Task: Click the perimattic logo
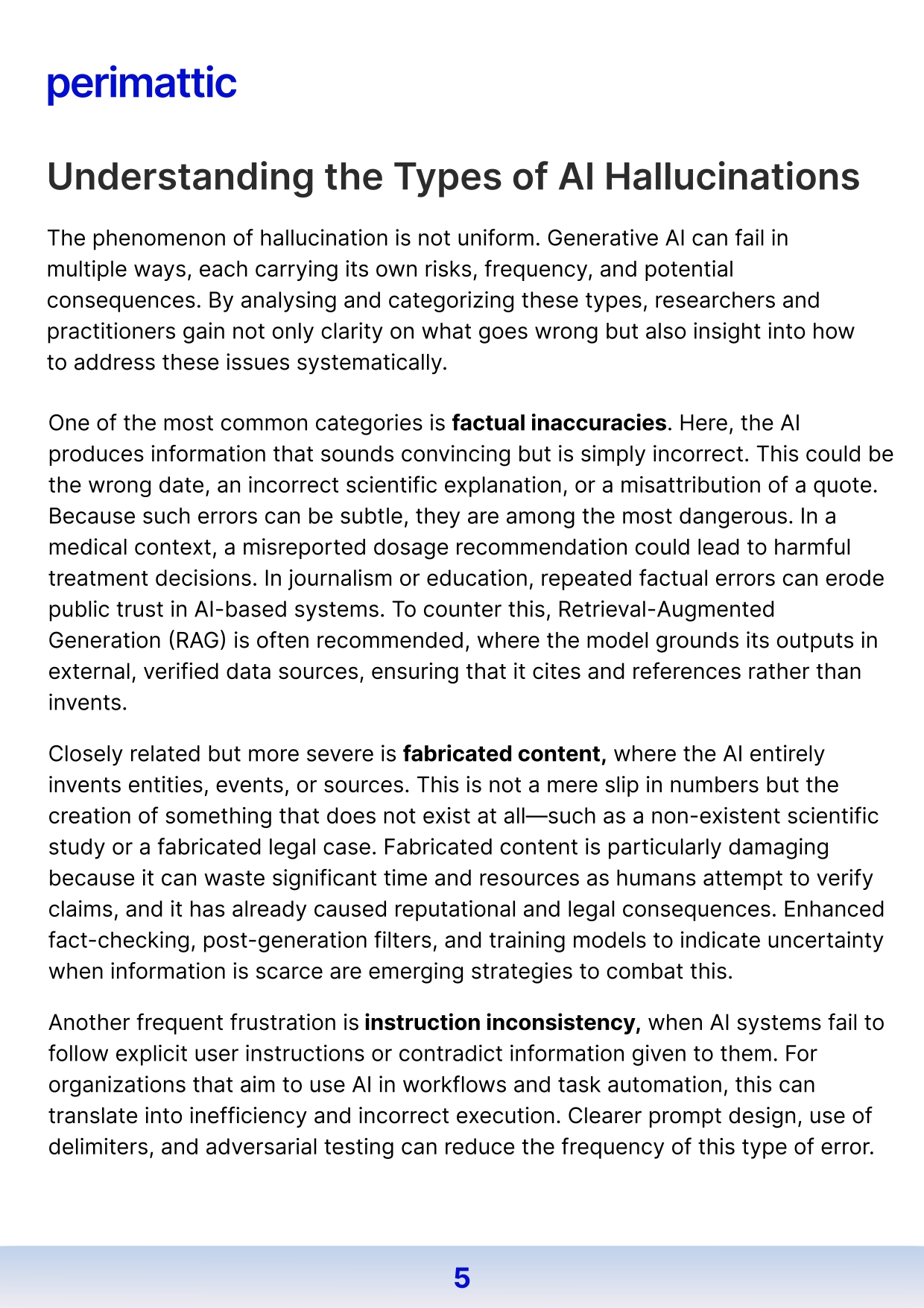[142, 83]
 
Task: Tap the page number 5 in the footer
[462, 1277]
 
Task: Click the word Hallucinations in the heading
[732, 177]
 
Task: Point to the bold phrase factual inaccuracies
[559, 423]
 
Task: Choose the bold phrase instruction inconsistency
[502, 1022]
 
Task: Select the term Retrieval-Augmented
[666, 609]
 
